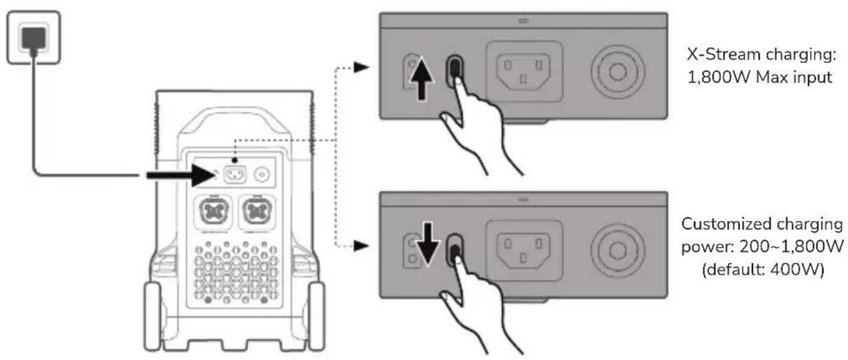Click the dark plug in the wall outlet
[34, 38]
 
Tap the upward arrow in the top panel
[421, 80]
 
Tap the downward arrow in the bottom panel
[427, 243]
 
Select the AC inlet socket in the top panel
[524, 72]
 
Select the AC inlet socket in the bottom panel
[523, 250]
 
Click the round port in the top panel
[617, 72]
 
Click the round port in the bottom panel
[617, 251]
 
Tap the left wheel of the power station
[153, 317]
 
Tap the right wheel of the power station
[316, 317]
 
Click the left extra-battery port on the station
[213, 212]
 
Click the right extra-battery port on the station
[257, 212]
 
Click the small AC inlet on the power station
[235, 175]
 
